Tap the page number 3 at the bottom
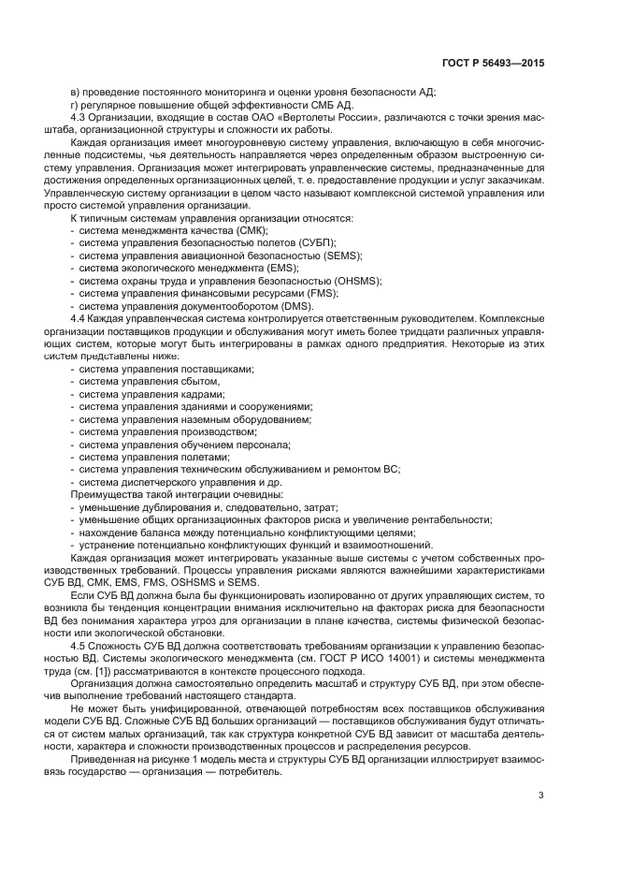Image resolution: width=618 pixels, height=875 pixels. pyautogui.click(x=540, y=796)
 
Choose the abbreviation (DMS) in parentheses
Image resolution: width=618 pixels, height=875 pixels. pyautogui.click(x=293, y=306)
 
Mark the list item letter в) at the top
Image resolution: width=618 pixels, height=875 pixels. pyautogui.click(x=76, y=91)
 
